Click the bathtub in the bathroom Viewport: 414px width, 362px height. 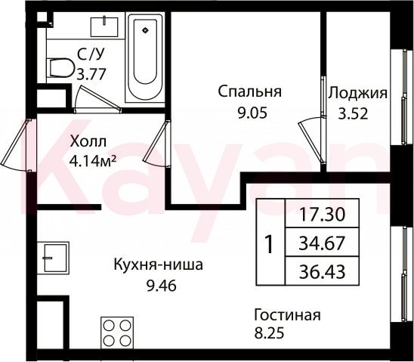pyautogui.click(x=144, y=58)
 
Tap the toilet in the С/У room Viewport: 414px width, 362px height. pyautogui.click(x=61, y=68)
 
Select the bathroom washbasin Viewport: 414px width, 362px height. pyautogui.click(x=104, y=27)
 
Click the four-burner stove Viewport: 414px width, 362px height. pyautogui.click(x=117, y=333)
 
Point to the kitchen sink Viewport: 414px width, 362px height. pyautogui.click(x=53, y=258)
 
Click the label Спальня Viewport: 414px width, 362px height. pyautogui.click(x=250, y=91)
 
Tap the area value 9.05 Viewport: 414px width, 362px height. pyautogui.click(x=252, y=113)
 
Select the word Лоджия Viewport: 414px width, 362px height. pyautogui.click(x=358, y=93)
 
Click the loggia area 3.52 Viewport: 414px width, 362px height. pyautogui.click(x=354, y=114)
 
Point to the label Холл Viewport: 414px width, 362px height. pyautogui.click(x=88, y=141)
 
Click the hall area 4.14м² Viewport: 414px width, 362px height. pyautogui.click(x=92, y=161)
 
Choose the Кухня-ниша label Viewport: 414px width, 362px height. pyautogui.click(x=159, y=265)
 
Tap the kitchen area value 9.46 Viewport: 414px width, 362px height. pyautogui.click(x=162, y=286)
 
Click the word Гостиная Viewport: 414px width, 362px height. pyautogui.click(x=288, y=315)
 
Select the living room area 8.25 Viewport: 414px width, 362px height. pyautogui.click(x=269, y=333)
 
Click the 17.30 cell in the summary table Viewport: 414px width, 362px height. pyautogui.click(x=322, y=214)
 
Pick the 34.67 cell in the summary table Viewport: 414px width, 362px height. pyautogui.click(x=322, y=243)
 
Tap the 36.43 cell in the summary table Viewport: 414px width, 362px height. pyautogui.click(x=322, y=272)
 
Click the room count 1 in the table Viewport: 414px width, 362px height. pyautogui.click(x=269, y=245)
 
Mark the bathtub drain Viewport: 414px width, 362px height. pyautogui.click(x=145, y=30)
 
